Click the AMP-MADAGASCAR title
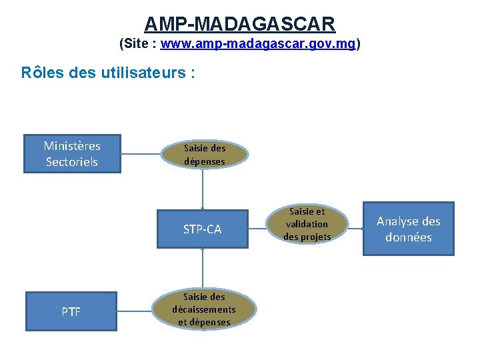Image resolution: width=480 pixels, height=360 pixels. (x=239, y=24)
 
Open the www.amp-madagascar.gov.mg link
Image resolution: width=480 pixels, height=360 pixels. (x=258, y=45)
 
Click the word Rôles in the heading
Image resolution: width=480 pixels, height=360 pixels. (x=43, y=73)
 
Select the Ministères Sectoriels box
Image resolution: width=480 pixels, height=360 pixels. (x=72, y=154)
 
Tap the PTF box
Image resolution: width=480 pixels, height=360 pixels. (x=71, y=311)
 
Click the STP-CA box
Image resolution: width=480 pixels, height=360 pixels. (x=202, y=229)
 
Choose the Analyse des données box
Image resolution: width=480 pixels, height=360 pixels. (x=408, y=229)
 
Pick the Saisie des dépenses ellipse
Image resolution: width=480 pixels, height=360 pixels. (x=205, y=155)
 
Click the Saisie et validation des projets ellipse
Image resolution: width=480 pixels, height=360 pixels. (x=307, y=224)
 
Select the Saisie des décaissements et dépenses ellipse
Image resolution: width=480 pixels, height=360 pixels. (x=203, y=309)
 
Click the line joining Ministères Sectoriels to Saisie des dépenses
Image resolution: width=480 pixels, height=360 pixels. (x=141, y=155)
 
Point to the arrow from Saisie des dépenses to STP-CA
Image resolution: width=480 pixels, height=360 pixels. (x=203, y=190)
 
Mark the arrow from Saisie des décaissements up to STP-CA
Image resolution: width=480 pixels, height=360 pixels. (x=203, y=267)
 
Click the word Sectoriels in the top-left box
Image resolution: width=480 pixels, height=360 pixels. (x=72, y=162)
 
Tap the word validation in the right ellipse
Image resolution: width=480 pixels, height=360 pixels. (x=307, y=224)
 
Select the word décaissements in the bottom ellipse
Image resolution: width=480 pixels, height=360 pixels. (x=203, y=309)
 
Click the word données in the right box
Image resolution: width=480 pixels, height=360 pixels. (x=408, y=237)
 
